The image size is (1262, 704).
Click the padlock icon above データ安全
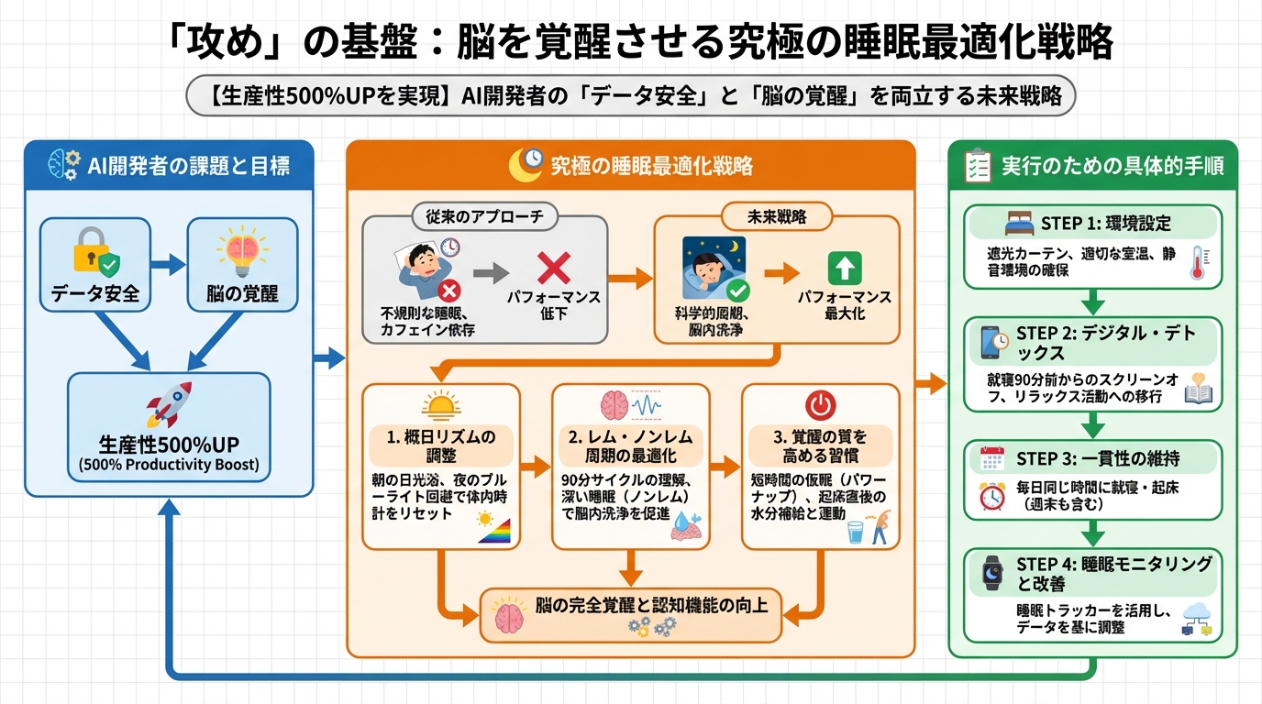coord(90,252)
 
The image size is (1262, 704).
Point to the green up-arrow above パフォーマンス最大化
coord(845,268)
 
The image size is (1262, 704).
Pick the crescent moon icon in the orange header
coord(526,165)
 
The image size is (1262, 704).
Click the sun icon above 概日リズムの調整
coord(440,405)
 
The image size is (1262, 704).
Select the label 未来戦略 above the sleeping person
coord(776,216)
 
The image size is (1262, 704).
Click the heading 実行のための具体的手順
coord(1112,166)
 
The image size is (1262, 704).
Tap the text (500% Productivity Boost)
coord(169,465)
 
